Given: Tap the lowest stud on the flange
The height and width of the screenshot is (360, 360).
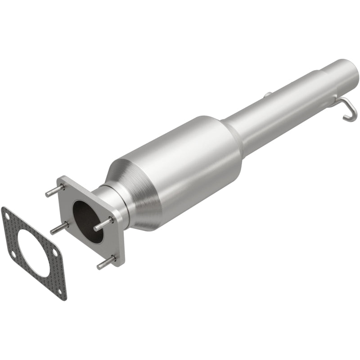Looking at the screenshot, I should [x=106, y=262].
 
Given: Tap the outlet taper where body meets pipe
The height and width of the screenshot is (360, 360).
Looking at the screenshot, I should [x=234, y=130].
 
